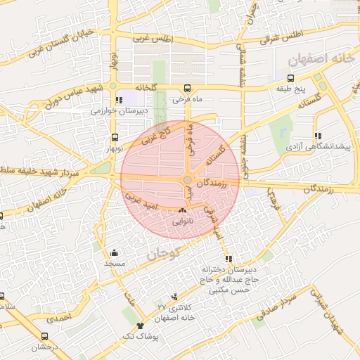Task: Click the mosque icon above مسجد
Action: [x=115, y=252]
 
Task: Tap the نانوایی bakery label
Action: [x=183, y=221]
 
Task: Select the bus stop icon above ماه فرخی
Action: [x=187, y=88]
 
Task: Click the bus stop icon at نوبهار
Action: [x=115, y=138]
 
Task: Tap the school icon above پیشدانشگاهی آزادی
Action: [x=318, y=135]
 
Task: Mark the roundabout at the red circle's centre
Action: [x=188, y=180]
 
